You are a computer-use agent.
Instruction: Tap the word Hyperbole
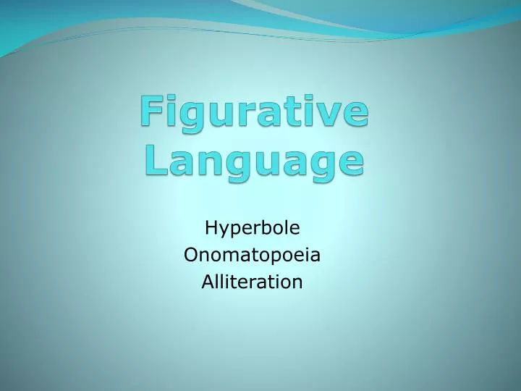pyautogui.click(x=253, y=229)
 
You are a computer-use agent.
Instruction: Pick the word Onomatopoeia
pyautogui.click(x=253, y=255)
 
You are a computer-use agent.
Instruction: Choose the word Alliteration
pyautogui.click(x=252, y=281)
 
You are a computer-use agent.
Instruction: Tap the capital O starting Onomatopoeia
pyautogui.click(x=191, y=255)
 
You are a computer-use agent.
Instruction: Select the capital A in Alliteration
pyautogui.click(x=206, y=281)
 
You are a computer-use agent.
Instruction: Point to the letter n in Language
pyautogui.click(x=208, y=160)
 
